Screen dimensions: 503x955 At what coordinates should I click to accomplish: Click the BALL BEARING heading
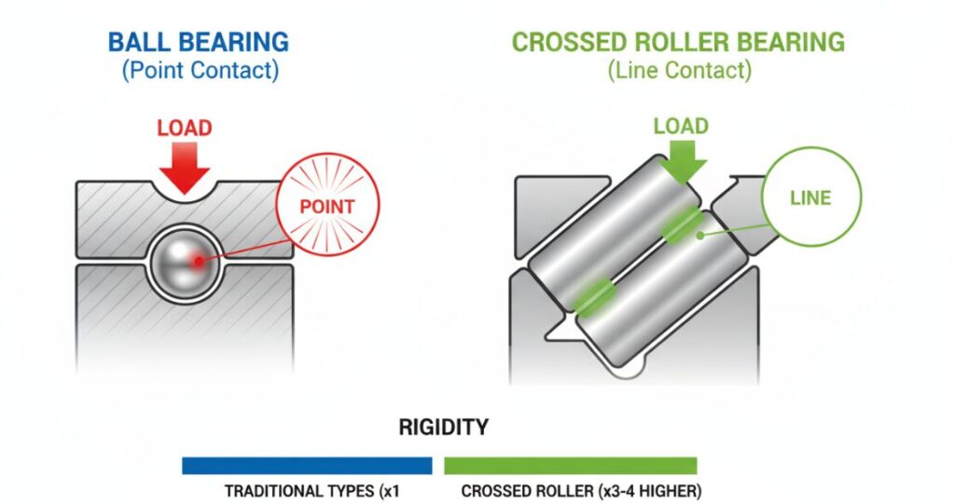coord(198,42)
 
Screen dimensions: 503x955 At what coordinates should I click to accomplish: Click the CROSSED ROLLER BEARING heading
coord(678,42)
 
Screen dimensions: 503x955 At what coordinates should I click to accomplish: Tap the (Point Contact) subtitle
coord(198,70)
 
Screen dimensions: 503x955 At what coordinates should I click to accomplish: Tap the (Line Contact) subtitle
coord(678,70)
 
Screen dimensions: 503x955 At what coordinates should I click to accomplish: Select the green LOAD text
coord(680,125)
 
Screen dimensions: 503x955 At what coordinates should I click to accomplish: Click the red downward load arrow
coord(184,168)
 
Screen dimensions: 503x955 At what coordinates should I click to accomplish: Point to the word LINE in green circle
coord(810,198)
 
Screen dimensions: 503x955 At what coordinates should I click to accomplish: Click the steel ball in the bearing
coord(185,261)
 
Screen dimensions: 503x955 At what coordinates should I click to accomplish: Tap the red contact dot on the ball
coord(197,262)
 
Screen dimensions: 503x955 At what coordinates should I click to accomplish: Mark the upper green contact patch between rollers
coord(683,227)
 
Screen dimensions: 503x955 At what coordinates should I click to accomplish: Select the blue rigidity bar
coord(307,465)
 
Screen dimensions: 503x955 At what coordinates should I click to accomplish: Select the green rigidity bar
coord(570,465)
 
